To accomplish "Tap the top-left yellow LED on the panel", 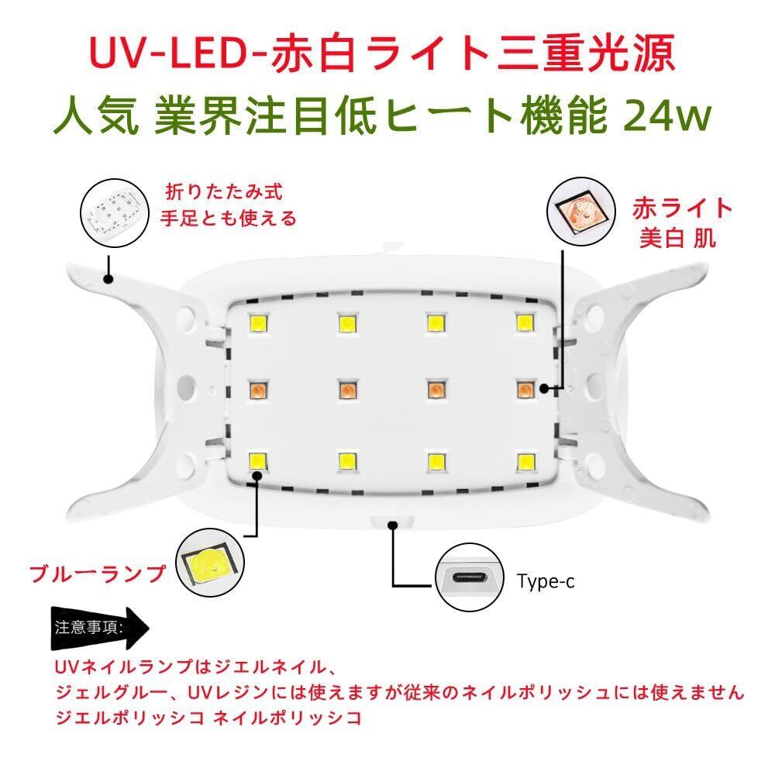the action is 257,322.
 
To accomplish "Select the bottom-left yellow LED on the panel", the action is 257,461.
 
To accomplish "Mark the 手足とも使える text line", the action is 228,219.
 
